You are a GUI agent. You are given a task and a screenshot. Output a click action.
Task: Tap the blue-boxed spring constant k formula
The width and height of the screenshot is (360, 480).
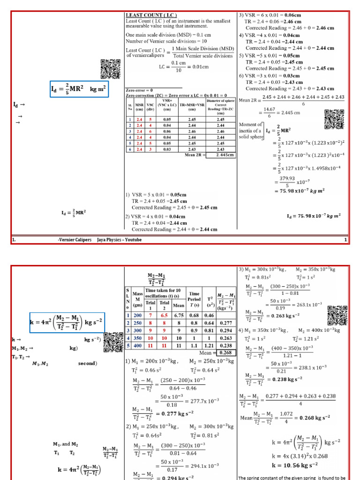point(67,323)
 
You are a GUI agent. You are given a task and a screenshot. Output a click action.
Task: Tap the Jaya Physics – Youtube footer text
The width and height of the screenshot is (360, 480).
point(119,240)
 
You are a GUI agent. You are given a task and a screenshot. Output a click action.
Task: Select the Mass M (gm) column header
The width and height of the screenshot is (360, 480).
point(137,300)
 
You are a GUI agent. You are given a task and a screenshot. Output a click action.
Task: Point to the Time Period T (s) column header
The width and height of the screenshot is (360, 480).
point(194,300)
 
